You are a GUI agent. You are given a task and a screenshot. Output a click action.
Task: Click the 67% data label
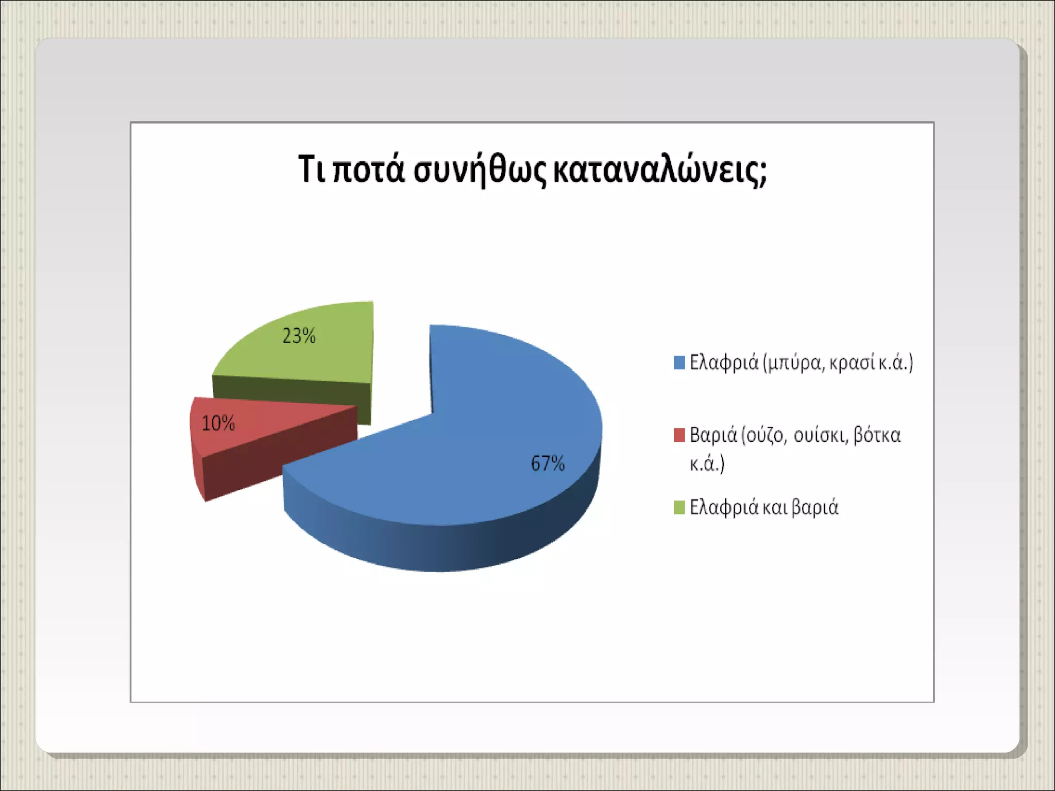click(548, 463)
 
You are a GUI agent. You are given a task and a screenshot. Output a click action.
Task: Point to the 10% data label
click(218, 423)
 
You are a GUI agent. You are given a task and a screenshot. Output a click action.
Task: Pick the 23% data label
click(299, 336)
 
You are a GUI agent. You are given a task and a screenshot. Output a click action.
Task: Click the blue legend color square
click(679, 363)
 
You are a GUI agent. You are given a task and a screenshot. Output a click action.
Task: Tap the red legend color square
click(679, 435)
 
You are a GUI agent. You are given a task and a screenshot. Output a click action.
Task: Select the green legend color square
click(679, 507)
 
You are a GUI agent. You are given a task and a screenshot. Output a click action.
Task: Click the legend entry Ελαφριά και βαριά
click(764, 508)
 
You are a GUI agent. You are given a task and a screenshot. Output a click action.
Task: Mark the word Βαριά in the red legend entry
click(713, 436)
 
